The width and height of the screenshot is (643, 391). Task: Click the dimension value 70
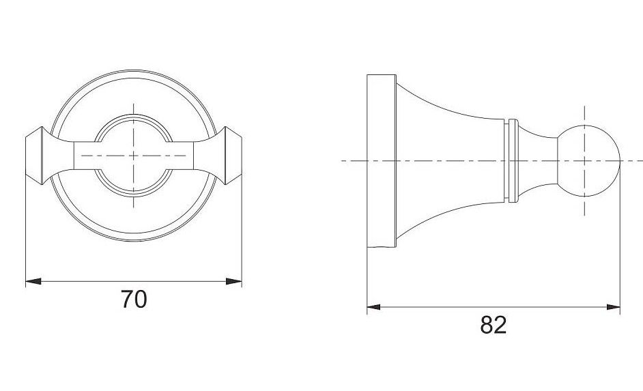click(134, 299)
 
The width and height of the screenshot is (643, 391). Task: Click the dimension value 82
click(494, 325)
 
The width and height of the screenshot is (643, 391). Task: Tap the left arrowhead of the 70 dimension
click(33, 281)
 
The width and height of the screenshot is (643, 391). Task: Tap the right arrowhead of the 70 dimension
click(233, 281)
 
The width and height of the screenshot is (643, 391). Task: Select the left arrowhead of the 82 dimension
click(373, 306)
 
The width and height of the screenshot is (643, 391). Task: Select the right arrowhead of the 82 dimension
click(613, 306)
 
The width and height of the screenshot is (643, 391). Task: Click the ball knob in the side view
click(588, 160)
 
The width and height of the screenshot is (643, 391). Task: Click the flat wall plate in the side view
click(382, 161)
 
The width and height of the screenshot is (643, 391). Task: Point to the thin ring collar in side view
click(513, 160)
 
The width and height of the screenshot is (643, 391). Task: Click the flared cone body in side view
click(450, 160)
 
